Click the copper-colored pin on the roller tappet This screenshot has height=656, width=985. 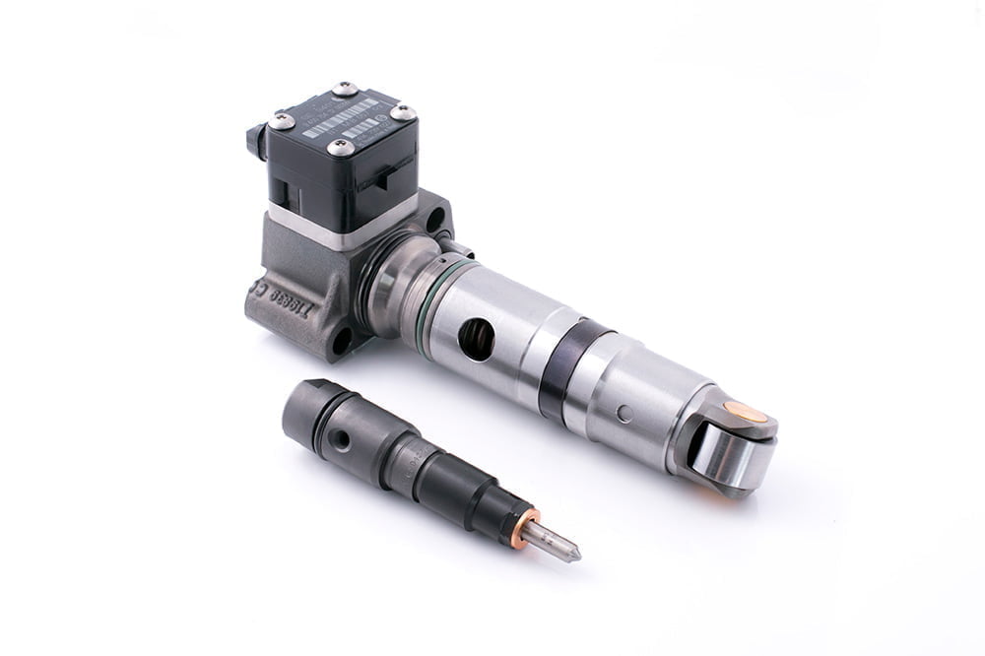coord(745,411)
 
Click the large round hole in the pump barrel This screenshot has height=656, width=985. coord(477,339)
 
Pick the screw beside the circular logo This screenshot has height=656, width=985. coord(403,112)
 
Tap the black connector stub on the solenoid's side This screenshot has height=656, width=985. coord(254,143)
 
